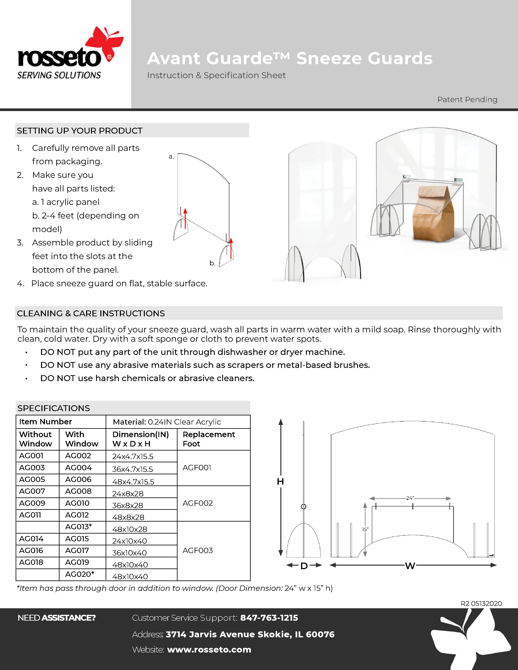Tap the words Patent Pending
click(467, 100)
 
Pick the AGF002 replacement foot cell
click(198, 503)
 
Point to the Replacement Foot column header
click(209, 439)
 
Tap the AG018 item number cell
click(31, 562)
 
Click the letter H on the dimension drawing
click(280, 482)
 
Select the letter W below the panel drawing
click(410, 566)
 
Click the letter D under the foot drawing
click(304, 566)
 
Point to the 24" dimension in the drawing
click(410, 498)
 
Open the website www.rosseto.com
click(209, 650)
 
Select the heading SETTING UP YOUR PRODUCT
click(80, 131)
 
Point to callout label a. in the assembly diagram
click(171, 157)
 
